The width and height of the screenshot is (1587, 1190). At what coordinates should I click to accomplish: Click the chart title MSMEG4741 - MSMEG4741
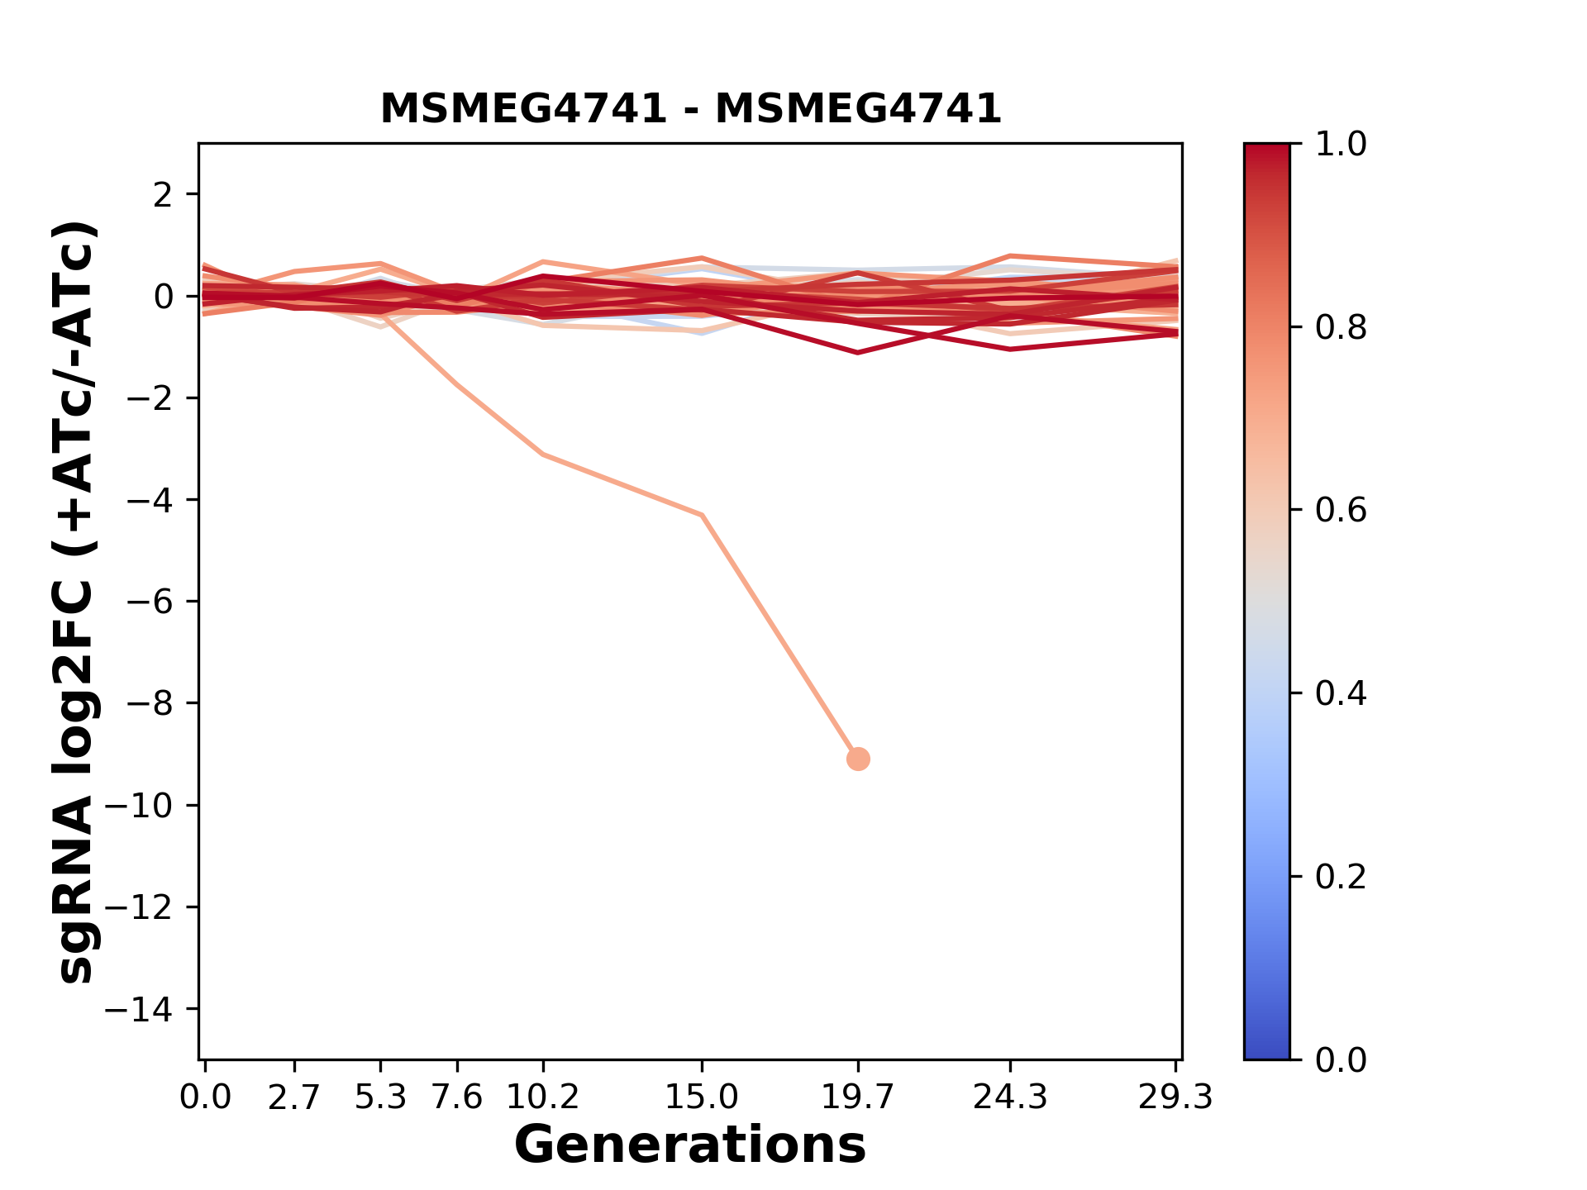(x=690, y=109)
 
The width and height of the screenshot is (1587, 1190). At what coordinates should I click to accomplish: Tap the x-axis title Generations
(x=690, y=1145)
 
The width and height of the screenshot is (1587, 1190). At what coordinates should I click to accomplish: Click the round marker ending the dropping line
(x=858, y=759)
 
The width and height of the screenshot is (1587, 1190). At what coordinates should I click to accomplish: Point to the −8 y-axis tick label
(x=149, y=703)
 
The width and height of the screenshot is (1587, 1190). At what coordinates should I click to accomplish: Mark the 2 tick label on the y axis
(x=164, y=195)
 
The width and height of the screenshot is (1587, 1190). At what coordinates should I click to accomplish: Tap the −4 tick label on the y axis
(x=149, y=500)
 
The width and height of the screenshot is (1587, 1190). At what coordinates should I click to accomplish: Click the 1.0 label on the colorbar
(x=1341, y=145)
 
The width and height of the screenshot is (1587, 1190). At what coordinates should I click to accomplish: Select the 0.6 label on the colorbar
(x=1341, y=511)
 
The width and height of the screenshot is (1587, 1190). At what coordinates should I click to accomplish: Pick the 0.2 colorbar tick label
(x=1341, y=877)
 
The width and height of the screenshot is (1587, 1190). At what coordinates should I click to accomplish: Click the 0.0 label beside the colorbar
(x=1341, y=1059)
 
